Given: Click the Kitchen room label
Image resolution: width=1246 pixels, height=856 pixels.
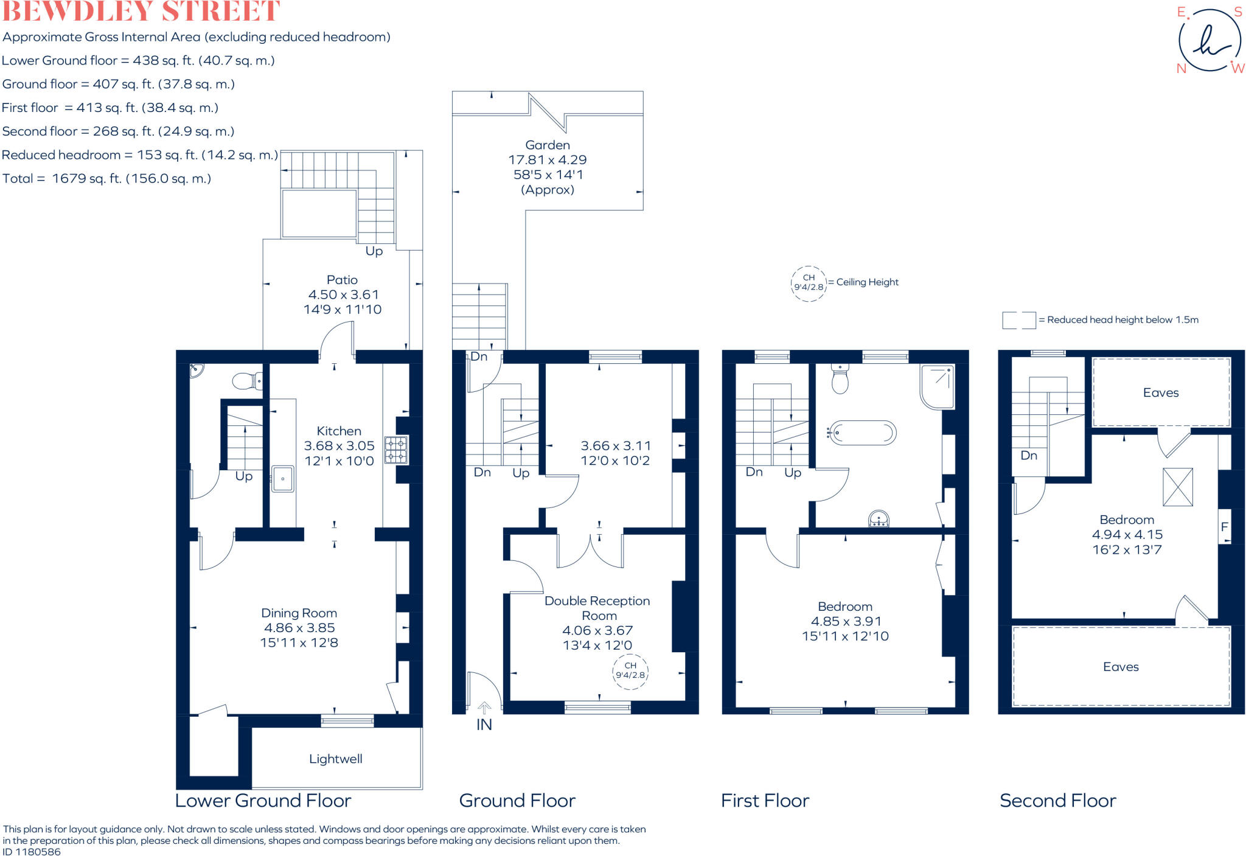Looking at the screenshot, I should pyautogui.click(x=338, y=431).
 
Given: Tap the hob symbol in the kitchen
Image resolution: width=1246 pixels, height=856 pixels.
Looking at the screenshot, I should pyautogui.click(x=395, y=450).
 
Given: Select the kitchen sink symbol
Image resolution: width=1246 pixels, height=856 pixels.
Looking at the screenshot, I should pyautogui.click(x=282, y=479).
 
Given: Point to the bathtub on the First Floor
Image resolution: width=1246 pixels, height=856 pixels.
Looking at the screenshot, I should pyautogui.click(x=863, y=433).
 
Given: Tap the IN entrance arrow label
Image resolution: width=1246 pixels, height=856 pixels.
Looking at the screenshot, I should pyautogui.click(x=484, y=724).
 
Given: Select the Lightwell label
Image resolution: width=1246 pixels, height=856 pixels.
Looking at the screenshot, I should pyautogui.click(x=335, y=759).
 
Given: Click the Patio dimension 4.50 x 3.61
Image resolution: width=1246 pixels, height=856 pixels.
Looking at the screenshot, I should pyautogui.click(x=343, y=294).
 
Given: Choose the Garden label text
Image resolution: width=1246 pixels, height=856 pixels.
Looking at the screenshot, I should pyautogui.click(x=548, y=145).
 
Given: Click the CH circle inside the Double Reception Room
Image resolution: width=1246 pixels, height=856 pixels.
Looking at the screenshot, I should pyautogui.click(x=630, y=670).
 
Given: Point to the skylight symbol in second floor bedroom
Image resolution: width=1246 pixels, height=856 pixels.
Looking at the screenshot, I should pyautogui.click(x=1177, y=487).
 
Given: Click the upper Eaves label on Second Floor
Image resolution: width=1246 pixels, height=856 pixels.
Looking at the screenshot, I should pyautogui.click(x=1160, y=392).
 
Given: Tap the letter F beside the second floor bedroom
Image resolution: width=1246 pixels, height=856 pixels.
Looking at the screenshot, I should pyautogui.click(x=1224, y=527).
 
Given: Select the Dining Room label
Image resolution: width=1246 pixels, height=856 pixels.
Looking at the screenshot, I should pyautogui.click(x=299, y=613).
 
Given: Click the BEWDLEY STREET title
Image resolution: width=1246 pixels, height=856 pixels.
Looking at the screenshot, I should pyautogui.click(x=141, y=11).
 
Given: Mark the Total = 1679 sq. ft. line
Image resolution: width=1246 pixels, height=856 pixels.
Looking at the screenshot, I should pyautogui.click(x=106, y=178).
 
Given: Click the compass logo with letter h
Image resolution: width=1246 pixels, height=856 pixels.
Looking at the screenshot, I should pyautogui.click(x=1209, y=41).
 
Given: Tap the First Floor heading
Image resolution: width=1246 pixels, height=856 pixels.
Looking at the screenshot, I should pyautogui.click(x=765, y=800).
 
